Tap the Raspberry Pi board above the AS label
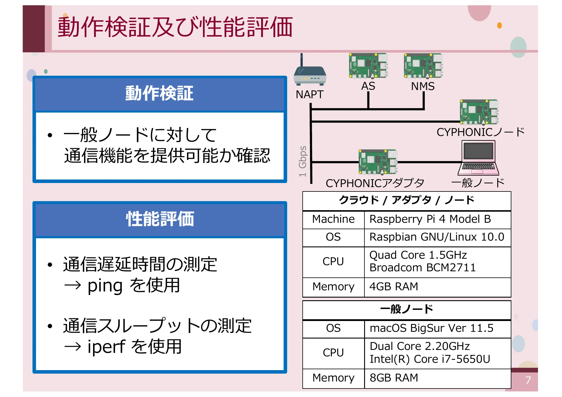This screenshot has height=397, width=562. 368,66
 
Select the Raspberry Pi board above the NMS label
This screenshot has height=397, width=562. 423,66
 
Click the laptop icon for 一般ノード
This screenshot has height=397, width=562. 479,158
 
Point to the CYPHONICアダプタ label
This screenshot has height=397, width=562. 375,183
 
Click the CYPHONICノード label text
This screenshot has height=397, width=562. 480,132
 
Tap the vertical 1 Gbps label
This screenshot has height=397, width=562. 303,161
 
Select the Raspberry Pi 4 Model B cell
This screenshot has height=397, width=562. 430,219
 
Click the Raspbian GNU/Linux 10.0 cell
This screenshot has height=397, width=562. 436,237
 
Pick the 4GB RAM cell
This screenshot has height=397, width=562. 394,287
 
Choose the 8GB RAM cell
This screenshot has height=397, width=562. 394,378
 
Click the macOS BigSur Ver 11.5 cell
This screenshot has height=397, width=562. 431,328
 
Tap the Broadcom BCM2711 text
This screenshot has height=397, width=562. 423,268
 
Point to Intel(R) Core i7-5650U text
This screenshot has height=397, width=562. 430,359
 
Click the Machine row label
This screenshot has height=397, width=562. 333,219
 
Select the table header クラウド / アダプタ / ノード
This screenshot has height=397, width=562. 406,201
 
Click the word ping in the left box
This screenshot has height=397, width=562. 105,286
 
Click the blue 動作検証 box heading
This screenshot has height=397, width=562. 160,94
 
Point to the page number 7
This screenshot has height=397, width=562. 528,380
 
